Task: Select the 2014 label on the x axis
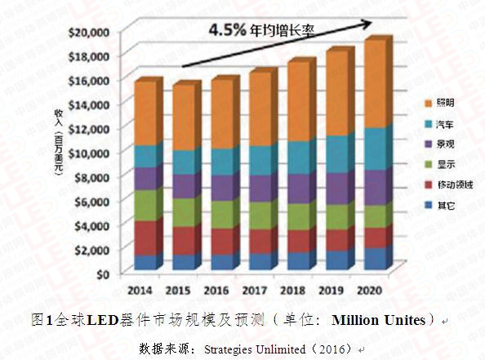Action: (x=142, y=290)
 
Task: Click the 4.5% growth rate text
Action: (x=228, y=29)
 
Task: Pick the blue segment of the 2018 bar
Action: (x=297, y=260)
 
